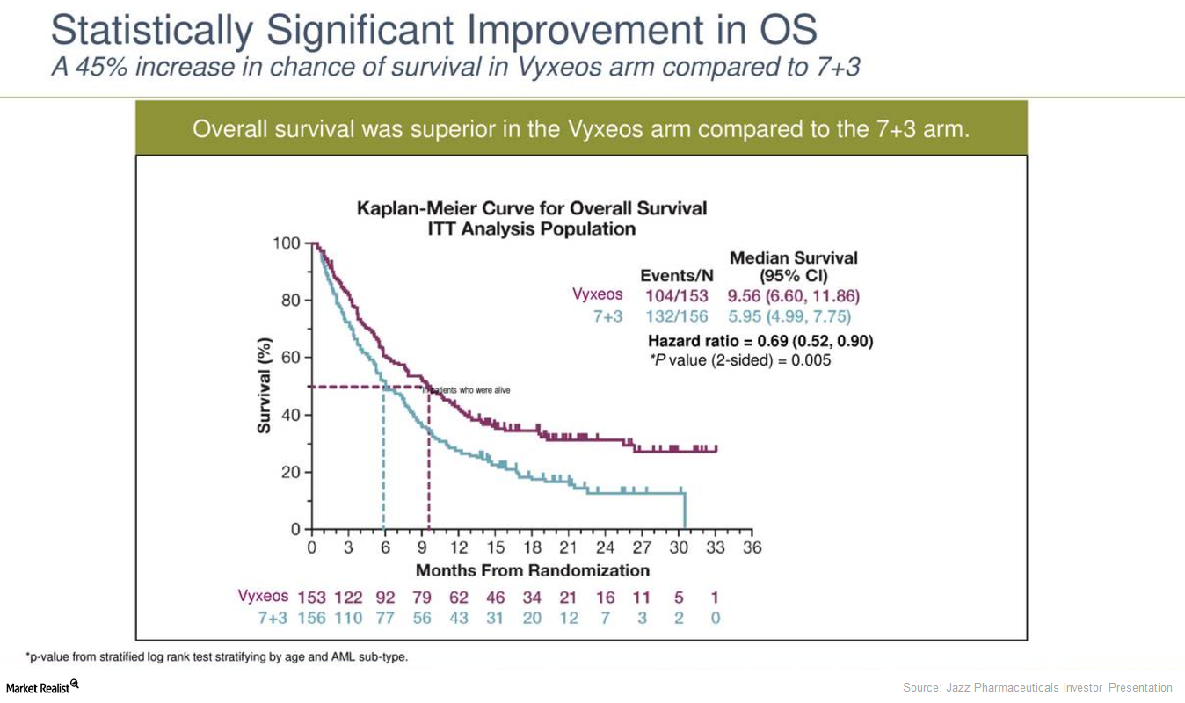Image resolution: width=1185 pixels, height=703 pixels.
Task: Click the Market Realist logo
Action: click(x=42, y=687)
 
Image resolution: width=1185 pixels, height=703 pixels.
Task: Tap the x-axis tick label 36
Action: click(x=752, y=548)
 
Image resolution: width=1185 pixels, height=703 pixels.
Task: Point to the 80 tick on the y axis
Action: click(x=289, y=301)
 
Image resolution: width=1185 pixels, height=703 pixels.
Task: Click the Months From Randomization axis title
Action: click(x=532, y=570)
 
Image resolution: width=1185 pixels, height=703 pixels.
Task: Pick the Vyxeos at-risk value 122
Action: click(x=348, y=598)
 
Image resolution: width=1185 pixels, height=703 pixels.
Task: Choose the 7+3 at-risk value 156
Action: click(x=311, y=619)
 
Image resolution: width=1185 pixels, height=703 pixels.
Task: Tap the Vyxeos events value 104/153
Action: click(x=676, y=295)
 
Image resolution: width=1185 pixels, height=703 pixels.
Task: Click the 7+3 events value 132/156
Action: click(x=676, y=316)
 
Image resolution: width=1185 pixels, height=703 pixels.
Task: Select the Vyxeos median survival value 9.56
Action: click(x=745, y=295)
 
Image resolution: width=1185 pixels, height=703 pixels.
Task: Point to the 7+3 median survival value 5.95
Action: click(x=745, y=316)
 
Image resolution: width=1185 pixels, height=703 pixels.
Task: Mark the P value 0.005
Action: click(x=811, y=359)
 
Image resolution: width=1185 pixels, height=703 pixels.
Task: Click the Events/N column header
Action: click(x=676, y=276)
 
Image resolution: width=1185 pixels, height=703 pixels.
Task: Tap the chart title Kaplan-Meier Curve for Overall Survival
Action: click(x=531, y=209)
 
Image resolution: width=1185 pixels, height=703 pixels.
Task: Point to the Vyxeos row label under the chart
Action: click(x=263, y=596)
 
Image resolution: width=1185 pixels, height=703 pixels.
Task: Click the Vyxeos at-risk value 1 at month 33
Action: click(x=715, y=598)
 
